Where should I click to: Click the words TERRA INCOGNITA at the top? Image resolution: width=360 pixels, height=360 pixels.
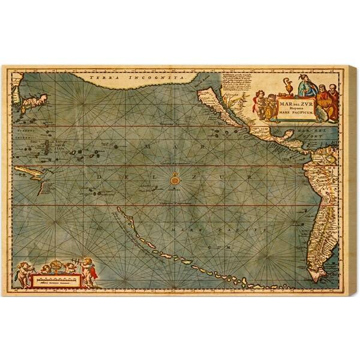(121, 78)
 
